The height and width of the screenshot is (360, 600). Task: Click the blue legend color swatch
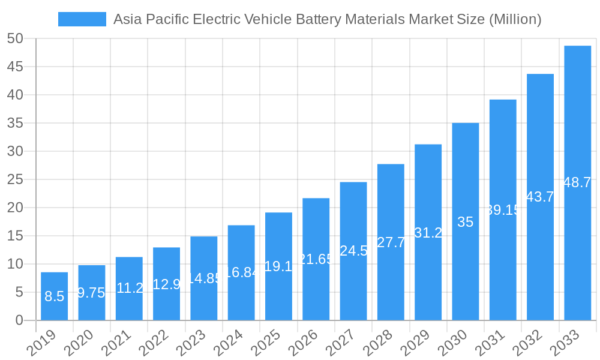[82, 19]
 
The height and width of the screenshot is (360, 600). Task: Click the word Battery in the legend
[320, 19]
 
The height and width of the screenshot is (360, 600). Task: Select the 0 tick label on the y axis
[19, 320]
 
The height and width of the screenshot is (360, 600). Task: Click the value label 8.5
[54, 296]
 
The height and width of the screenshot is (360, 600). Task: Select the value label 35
[466, 222]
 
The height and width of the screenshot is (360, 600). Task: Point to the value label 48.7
[577, 183]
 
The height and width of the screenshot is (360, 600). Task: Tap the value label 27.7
[391, 242]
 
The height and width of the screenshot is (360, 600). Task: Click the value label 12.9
[166, 284]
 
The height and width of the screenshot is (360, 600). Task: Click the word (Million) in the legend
[515, 19]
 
